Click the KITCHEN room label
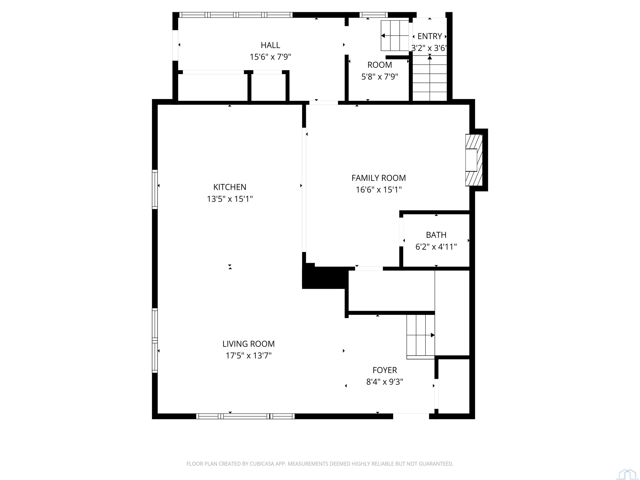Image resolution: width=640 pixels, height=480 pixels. [x=230, y=187]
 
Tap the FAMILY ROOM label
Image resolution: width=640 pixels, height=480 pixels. [x=379, y=178]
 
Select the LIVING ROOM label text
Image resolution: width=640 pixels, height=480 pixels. [x=248, y=344]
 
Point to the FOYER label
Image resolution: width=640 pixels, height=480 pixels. [x=385, y=370]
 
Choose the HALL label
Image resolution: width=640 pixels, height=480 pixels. [x=270, y=45]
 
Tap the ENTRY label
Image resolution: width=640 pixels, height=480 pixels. [x=430, y=36]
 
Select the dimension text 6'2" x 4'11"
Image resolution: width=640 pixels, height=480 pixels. [x=436, y=247]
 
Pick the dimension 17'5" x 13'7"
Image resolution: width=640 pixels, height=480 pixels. [x=248, y=356]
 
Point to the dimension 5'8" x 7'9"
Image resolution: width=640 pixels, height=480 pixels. [x=380, y=77]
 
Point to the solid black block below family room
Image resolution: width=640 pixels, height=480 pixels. [x=324, y=277]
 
